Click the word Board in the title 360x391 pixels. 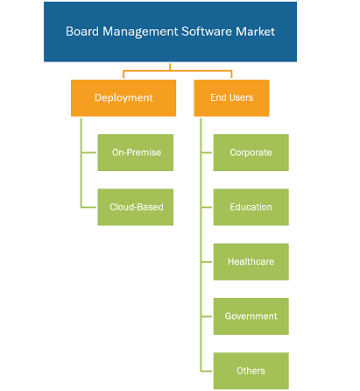point(82,32)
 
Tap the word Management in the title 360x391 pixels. point(140,32)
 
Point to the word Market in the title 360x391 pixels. point(255,32)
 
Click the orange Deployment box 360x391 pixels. point(124,98)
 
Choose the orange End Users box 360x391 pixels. point(231,98)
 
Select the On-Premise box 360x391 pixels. point(136,153)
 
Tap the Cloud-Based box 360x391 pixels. point(136,207)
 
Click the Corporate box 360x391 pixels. point(251,153)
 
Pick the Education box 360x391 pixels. point(251,207)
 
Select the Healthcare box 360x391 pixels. point(251,261)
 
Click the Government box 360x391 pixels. point(251,316)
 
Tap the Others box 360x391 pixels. point(251,371)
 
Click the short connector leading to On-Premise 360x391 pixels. point(88,153)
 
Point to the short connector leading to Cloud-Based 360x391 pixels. point(88,207)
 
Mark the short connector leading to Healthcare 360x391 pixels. point(207,262)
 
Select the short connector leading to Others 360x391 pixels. point(207,371)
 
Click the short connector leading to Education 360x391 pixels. point(207,207)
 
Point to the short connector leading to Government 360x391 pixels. point(207,316)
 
